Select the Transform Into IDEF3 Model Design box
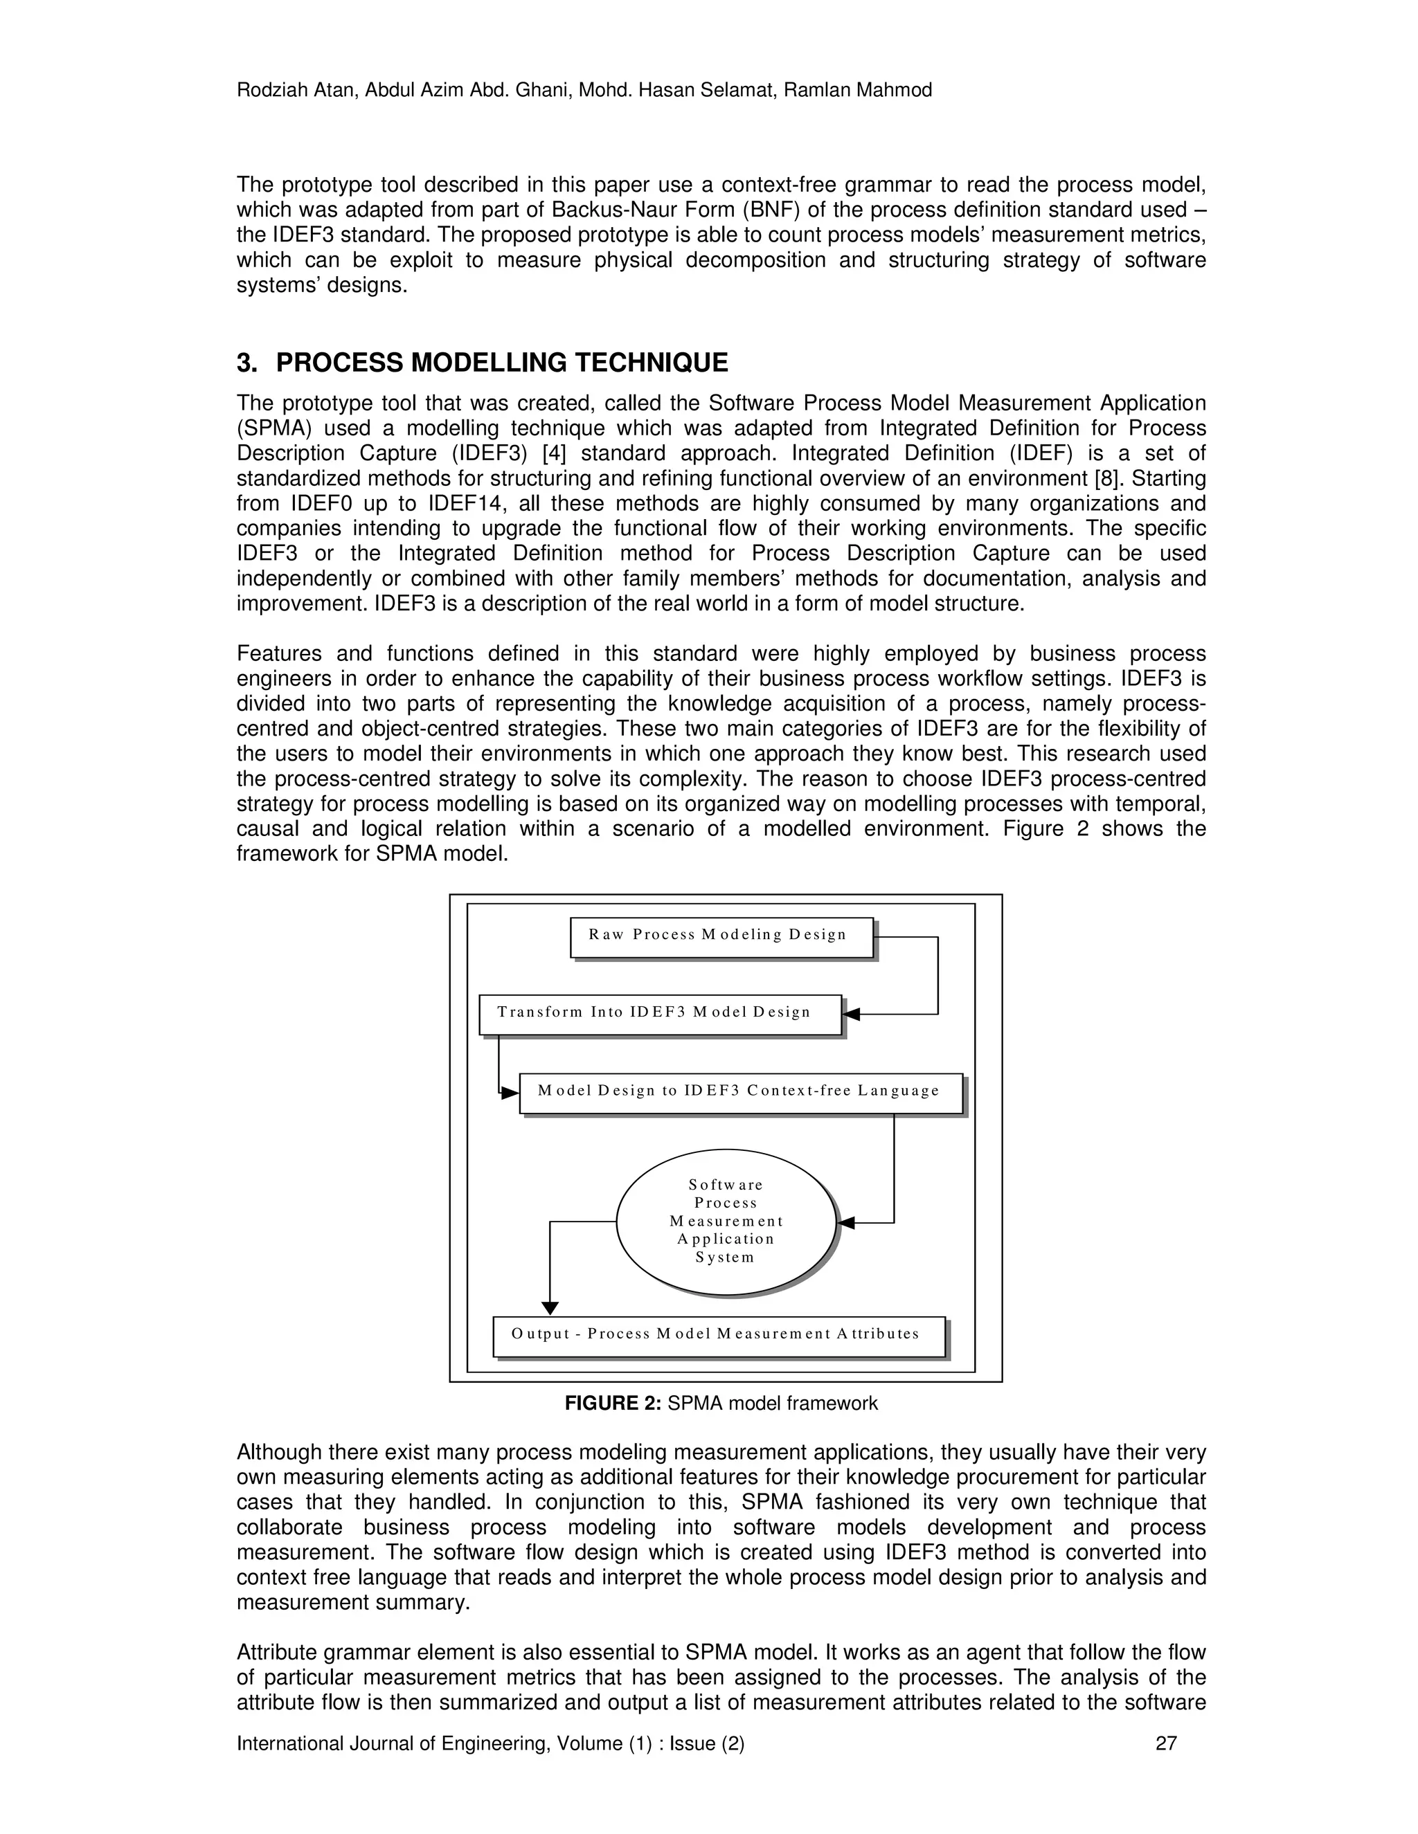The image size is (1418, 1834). coord(659,1015)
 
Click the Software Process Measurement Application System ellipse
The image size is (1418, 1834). coord(726,1222)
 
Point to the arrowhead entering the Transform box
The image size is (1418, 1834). coord(852,1015)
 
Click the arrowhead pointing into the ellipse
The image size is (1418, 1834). coord(846,1223)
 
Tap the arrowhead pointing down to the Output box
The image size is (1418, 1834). coord(549,1308)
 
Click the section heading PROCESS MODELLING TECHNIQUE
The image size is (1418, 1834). coord(501,363)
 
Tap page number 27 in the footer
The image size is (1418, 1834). coord(1166,1743)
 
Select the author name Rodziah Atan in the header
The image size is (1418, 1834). coord(287,91)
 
